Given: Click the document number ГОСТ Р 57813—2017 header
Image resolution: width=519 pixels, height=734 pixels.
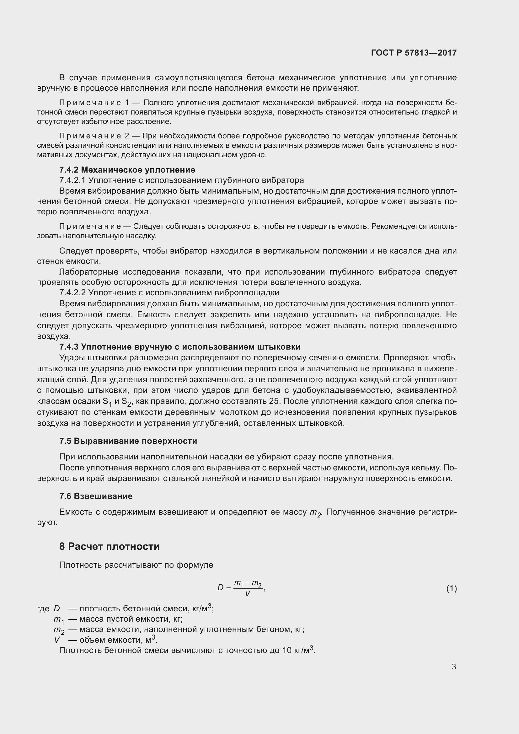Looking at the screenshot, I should (414, 53).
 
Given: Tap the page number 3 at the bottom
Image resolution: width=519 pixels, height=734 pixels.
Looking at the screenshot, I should (453, 667).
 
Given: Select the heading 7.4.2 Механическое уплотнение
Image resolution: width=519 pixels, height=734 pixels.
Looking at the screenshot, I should (127, 170).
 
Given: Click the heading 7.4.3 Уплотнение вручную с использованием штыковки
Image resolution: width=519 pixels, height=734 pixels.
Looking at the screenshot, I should (179, 347).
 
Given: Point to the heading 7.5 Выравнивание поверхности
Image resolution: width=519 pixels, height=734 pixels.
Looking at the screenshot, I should (128, 441).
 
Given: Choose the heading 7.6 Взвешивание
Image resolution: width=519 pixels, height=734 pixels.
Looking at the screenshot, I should (96, 496).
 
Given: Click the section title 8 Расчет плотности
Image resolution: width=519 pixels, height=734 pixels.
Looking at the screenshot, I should (109, 546).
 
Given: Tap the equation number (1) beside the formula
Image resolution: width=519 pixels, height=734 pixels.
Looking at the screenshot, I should (451, 588).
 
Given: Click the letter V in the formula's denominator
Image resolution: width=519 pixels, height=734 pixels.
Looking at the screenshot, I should (247, 594).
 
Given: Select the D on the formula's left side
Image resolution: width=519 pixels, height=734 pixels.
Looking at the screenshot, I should (220, 587).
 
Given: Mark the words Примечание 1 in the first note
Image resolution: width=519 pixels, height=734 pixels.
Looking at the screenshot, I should (94, 103).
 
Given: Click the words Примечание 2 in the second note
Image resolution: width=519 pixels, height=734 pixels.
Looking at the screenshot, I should (94, 136).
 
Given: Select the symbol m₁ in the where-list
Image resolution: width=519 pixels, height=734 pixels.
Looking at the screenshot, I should (59, 620).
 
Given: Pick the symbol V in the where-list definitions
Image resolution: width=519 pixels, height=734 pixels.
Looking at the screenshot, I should (57, 640).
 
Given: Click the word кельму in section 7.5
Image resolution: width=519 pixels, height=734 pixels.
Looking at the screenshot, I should (428, 468).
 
